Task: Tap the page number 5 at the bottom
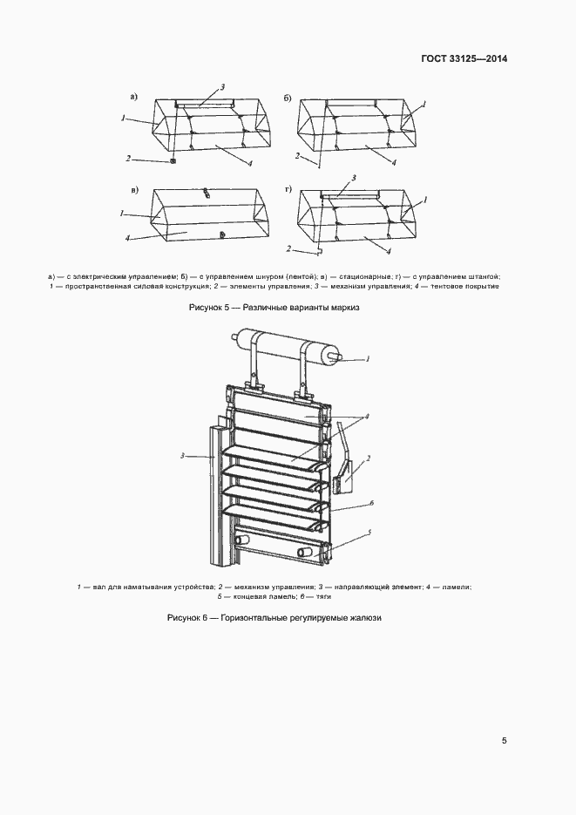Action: tap(504, 741)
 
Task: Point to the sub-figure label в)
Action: tap(134, 189)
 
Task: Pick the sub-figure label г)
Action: tap(288, 189)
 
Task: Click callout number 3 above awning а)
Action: tap(223, 87)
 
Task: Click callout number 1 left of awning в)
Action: tap(124, 212)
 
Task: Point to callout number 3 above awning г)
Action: tap(354, 178)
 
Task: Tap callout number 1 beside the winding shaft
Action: tap(368, 358)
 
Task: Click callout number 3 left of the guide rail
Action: tap(182, 455)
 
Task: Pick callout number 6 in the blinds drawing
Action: tap(371, 503)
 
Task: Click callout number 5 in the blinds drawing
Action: tap(369, 532)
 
